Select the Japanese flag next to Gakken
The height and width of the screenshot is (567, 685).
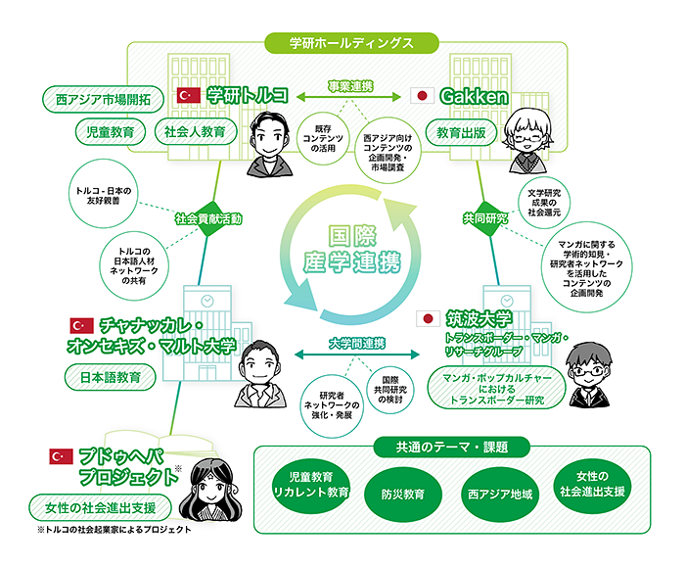[424, 96]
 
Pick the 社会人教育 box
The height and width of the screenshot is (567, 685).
[195, 130]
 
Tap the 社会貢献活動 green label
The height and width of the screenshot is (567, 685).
[208, 218]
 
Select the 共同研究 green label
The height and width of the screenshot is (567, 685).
[485, 218]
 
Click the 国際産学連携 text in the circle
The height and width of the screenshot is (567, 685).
[349, 249]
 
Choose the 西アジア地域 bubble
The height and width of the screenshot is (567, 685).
[500, 494]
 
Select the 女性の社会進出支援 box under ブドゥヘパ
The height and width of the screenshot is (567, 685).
[102, 508]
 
